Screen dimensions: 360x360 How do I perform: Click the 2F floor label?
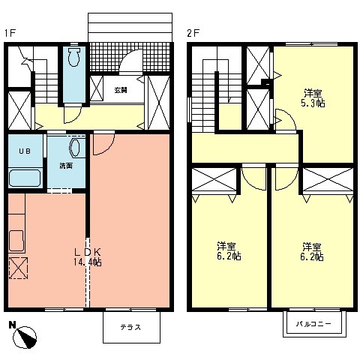point(192,33)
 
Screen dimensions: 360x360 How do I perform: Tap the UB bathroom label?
point(24,151)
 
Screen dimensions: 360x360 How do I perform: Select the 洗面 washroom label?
point(66,165)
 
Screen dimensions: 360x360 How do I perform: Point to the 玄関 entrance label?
point(120,90)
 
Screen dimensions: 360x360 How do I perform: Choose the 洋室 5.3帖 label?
point(313,98)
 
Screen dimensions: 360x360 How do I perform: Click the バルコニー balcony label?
point(313,324)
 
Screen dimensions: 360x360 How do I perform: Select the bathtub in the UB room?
point(23,179)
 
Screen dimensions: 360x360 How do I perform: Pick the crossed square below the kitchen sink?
point(18,267)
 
